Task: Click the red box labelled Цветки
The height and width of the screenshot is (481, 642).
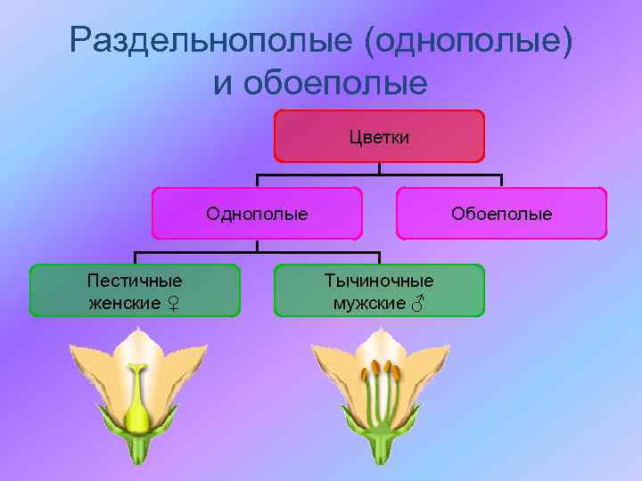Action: (x=379, y=135)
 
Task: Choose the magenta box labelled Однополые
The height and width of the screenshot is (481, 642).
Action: (x=257, y=214)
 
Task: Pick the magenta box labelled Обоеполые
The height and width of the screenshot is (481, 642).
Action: (x=501, y=214)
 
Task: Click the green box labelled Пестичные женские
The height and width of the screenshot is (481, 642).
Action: (x=135, y=290)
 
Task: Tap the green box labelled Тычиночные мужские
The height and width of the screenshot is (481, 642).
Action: (x=379, y=290)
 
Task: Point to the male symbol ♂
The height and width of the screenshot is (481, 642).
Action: (x=417, y=305)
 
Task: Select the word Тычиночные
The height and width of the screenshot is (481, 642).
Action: (x=379, y=280)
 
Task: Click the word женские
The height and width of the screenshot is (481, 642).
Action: (x=124, y=304)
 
